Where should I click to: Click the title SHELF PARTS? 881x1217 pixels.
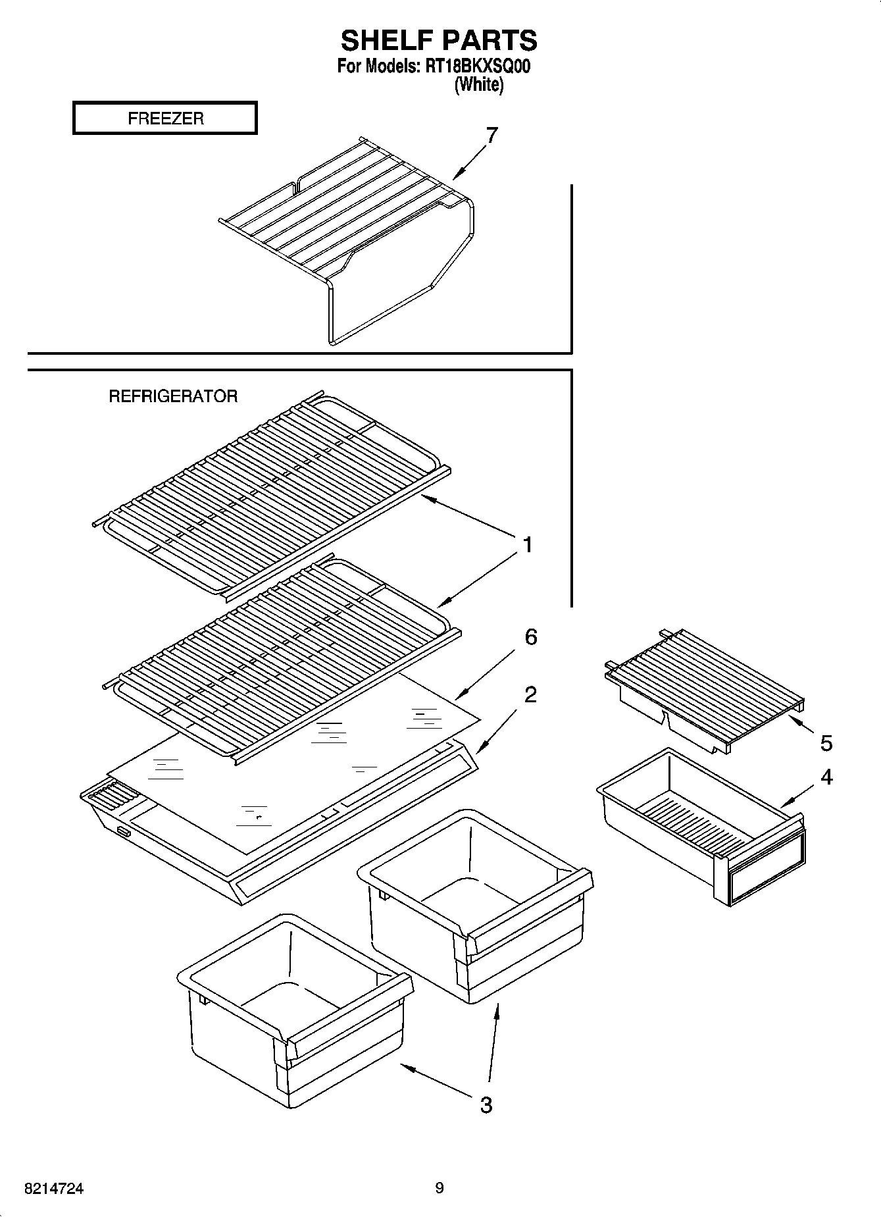click(x=439, y=41)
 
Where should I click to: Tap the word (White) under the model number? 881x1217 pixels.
click(x=479, y=85)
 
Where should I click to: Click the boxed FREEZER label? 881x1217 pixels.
click(x=165, y=118)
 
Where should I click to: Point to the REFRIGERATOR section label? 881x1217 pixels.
click(x=173, y=396)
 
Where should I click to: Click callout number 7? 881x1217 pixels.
click(x=491, y=136)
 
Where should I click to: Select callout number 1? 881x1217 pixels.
click(x=527, y=545)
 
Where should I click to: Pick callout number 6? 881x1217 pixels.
click(x=530, y=636)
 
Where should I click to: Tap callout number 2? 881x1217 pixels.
click(x=530, y=694)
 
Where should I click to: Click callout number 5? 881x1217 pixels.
click(x=826, y=743)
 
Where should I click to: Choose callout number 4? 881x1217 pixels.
click(x=826, y=777)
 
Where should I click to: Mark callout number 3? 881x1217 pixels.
click(x=486, y=1104)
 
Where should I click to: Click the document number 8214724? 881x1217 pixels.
click(x=54, y=1189)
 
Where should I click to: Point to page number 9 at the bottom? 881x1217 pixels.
click(x=440, y=1188)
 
